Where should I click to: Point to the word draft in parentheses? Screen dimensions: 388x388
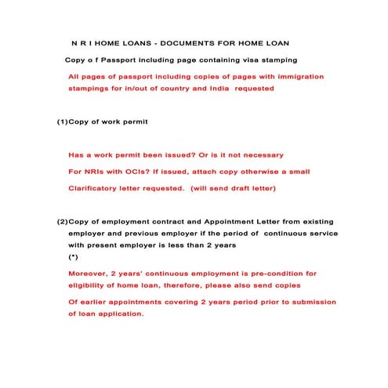242,188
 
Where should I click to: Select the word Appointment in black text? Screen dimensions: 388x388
255,222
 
